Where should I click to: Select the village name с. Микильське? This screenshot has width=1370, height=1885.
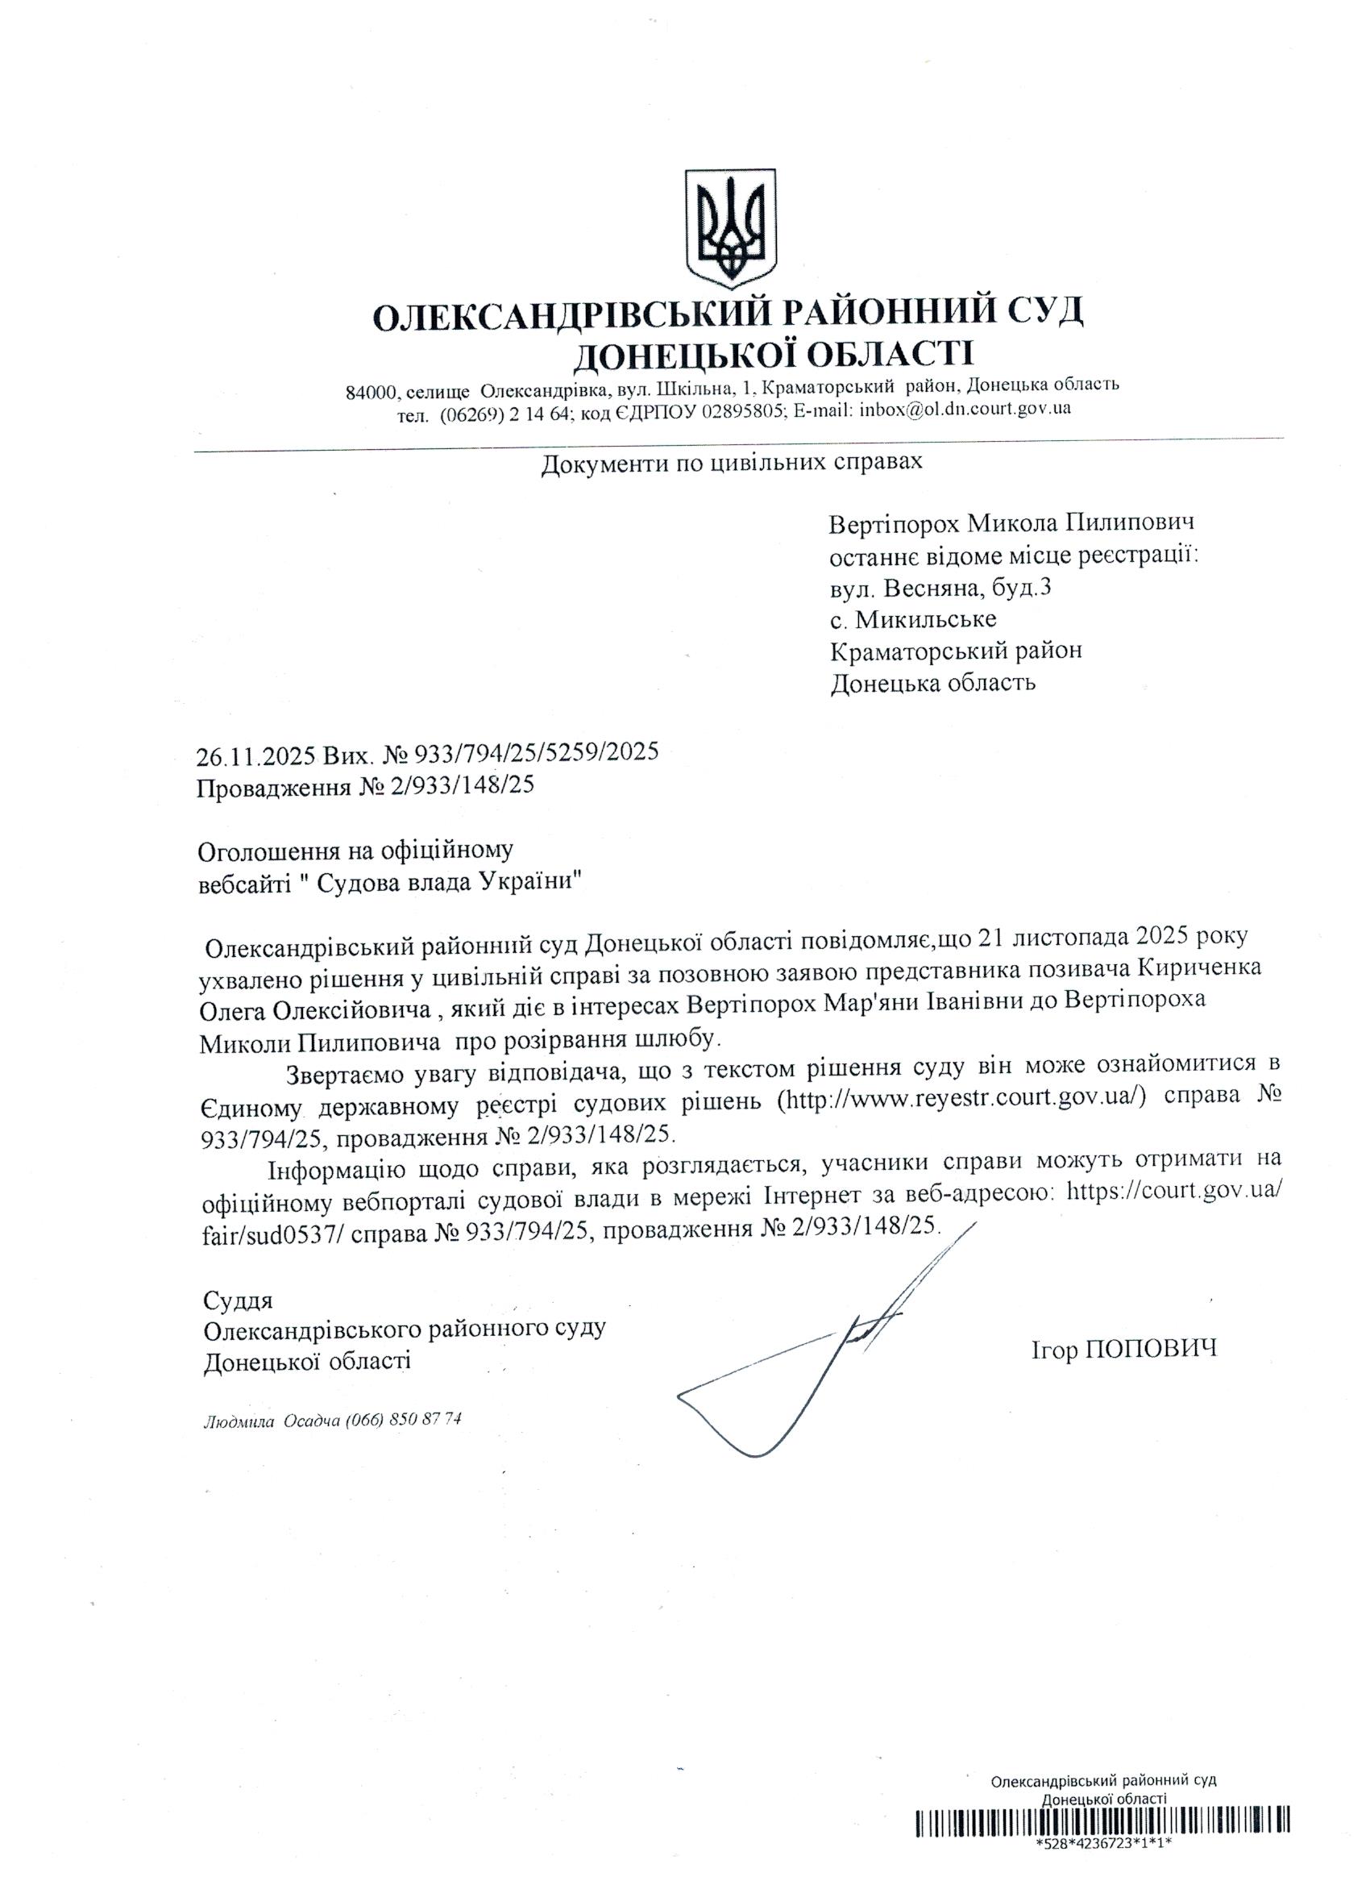pyautogui.click(x=914, y=619)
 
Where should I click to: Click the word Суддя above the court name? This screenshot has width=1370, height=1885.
pyautogui.click(x=238, y=1300)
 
